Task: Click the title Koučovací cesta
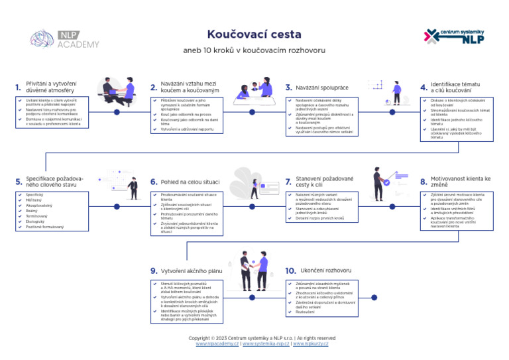click(x=254, y=34)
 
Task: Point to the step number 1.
click(x=17, y=88)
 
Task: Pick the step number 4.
click(x=424, y=88)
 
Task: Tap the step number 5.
click(x=18, y=182)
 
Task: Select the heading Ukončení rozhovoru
click(x=325, y=270)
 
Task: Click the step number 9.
click(x=153, y=271)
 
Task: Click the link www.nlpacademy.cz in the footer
click(x=217, y=344)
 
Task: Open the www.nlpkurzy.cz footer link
click(x=310, y=344)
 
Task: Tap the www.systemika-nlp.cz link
click(x=266, y=344)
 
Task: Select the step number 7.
click(x=288, y=182)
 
